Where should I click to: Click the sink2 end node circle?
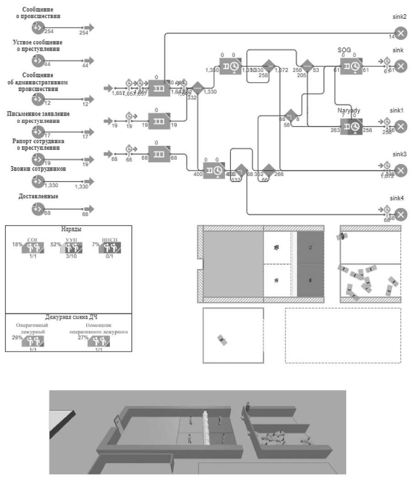[401, 33]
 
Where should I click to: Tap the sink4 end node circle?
[401, 215]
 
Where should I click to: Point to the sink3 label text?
[397, 154]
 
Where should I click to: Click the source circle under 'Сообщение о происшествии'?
[38, 28]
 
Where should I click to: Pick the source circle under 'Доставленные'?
[38, 209]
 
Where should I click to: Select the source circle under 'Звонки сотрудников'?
[38, 182]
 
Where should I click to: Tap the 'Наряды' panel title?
[68, 229]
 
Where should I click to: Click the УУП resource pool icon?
[72, 248]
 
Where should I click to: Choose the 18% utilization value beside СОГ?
[17, 244]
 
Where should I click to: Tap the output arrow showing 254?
[89, 28]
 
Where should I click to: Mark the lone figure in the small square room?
[223, 340]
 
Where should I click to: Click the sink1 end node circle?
[401, 127]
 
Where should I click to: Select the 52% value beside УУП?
[56, 244]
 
